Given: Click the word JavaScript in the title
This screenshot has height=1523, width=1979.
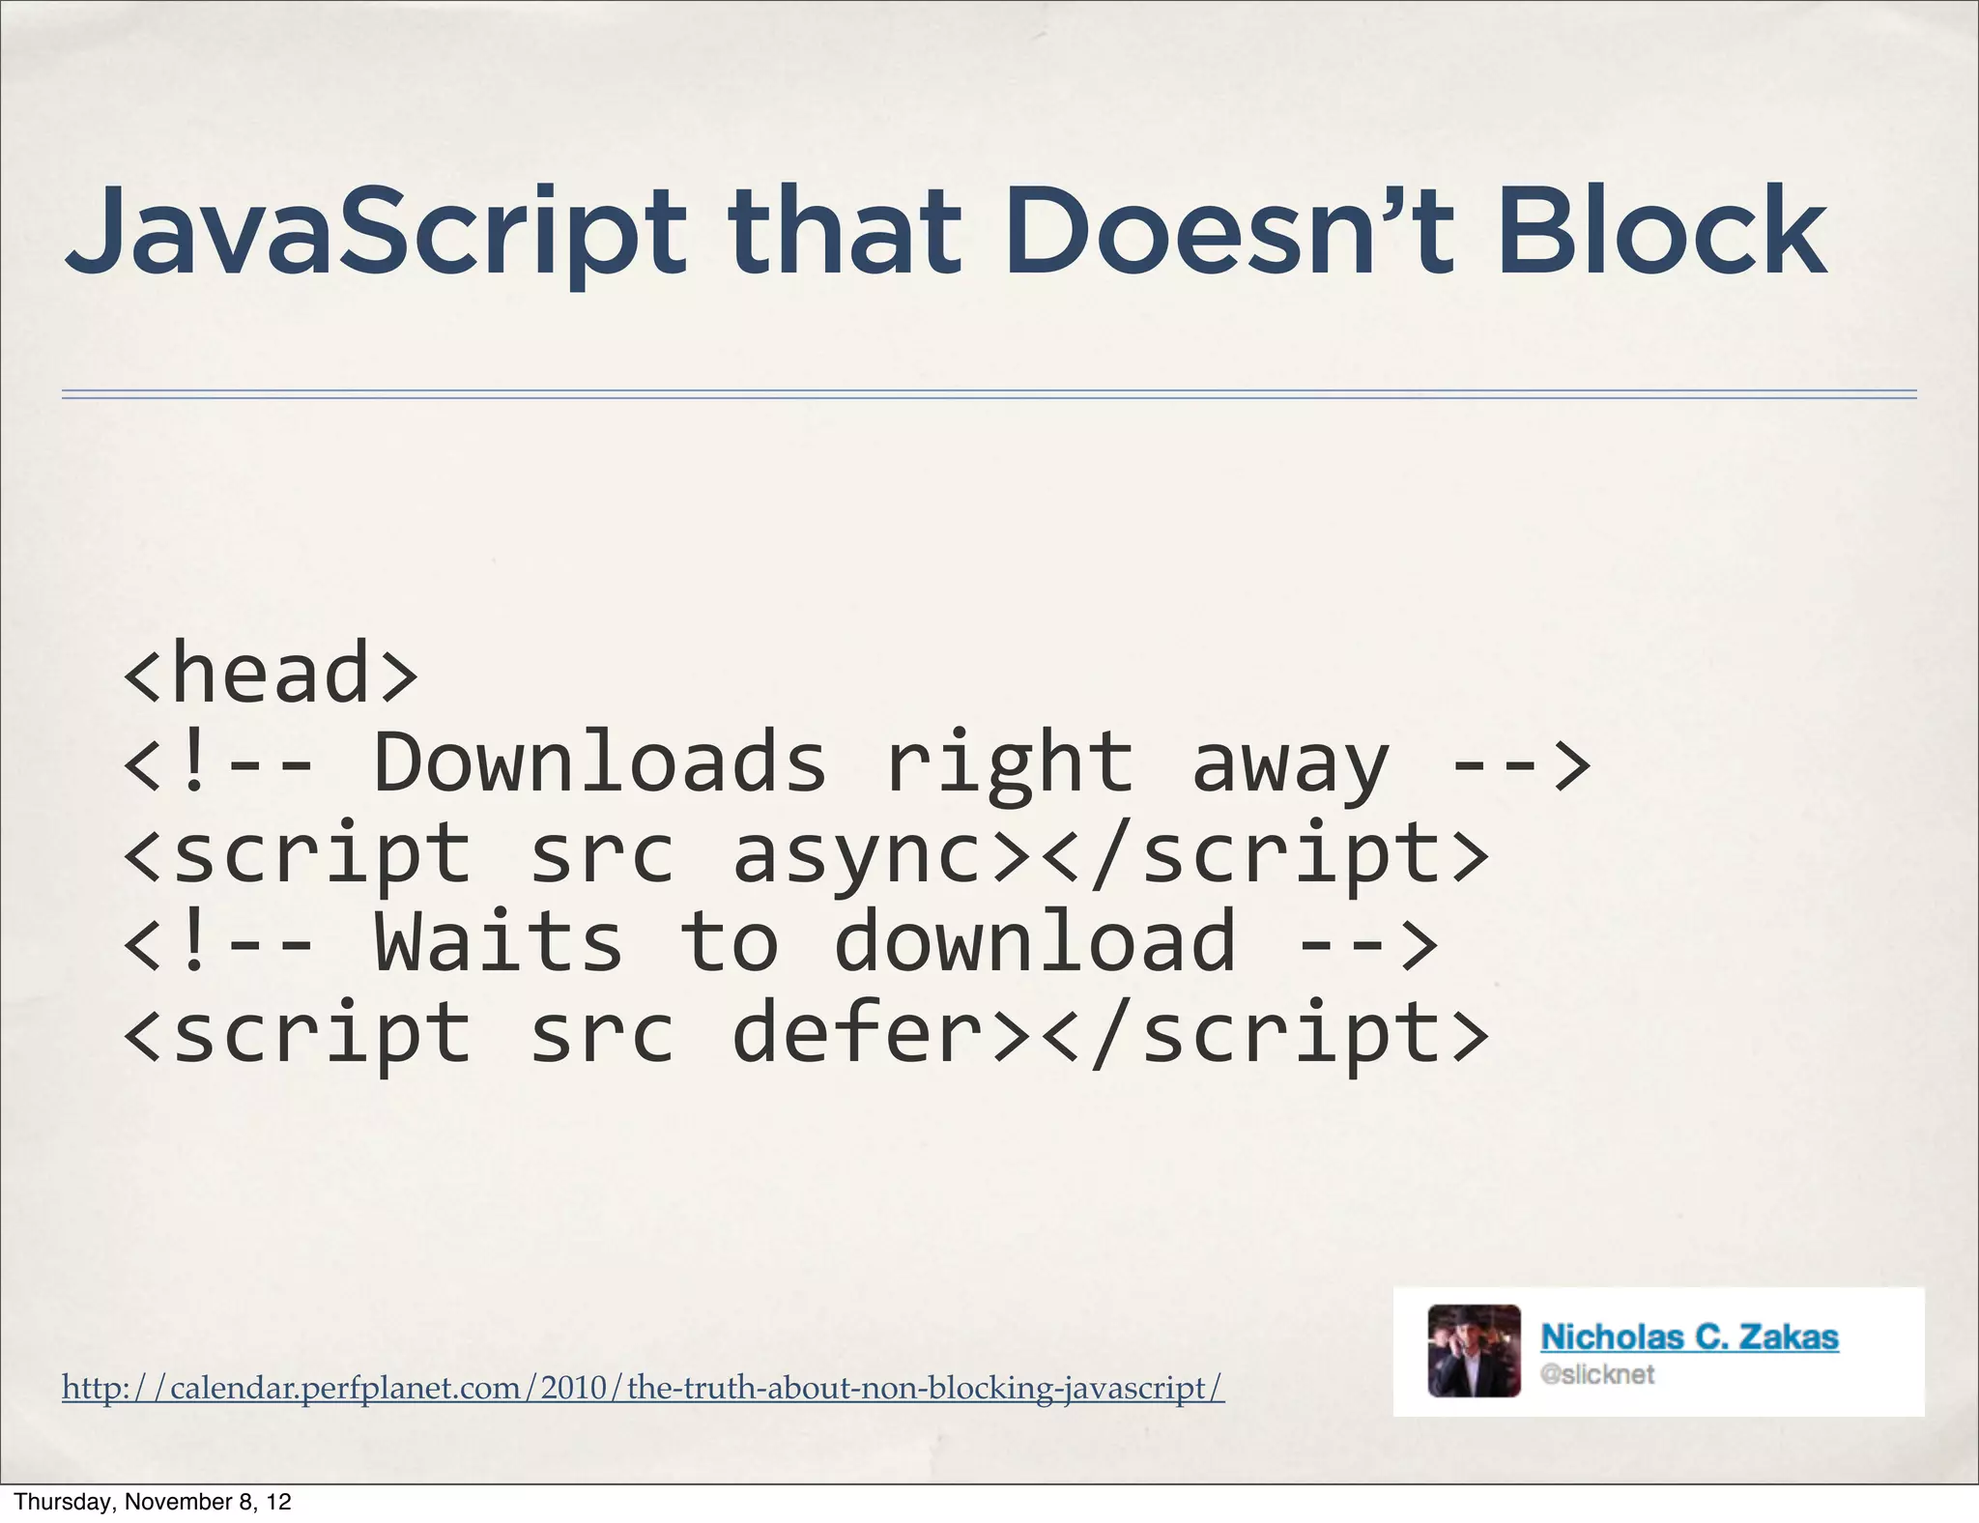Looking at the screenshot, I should point(375,232).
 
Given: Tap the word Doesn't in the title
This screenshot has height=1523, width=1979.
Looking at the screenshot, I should point(1227,232).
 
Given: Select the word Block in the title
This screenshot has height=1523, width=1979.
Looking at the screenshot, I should point(1662,232).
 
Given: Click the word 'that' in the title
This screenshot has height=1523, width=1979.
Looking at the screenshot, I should point(845,232).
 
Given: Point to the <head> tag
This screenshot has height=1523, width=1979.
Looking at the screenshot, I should point(271,674).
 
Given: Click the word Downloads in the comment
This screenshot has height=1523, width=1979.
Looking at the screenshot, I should point(600,763).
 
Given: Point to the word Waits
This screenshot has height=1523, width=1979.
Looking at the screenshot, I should point(498,943).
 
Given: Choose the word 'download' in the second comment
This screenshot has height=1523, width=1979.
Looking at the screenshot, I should point(1034,943).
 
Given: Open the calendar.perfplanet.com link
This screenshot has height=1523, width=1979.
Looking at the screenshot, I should point(643,1388).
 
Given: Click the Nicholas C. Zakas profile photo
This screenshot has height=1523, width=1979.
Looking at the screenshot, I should point(1474,1351).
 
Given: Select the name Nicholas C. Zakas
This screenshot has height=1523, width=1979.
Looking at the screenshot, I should point(1689,1336).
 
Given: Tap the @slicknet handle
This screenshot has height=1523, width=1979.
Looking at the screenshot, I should point(1597,1374).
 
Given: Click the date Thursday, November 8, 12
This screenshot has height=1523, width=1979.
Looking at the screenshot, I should point(153,1502).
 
